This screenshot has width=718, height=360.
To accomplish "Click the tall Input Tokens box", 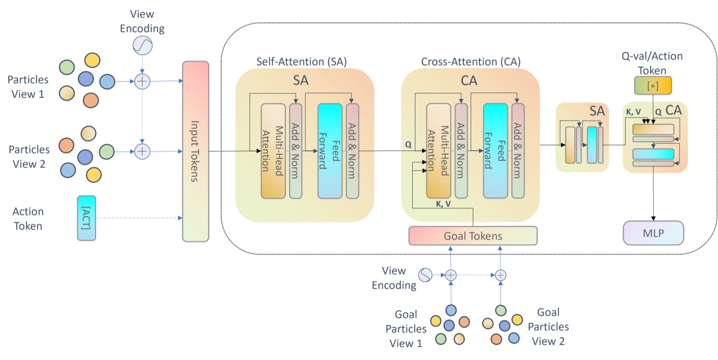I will point(196,151).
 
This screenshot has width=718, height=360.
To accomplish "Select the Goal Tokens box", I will point(473,236).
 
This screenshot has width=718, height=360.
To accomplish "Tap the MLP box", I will point(653,233).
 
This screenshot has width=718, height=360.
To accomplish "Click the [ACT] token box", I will point(87,218).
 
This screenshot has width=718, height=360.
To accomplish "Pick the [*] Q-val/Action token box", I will point(652,86).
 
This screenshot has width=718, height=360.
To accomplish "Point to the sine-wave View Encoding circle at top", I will point(142,46).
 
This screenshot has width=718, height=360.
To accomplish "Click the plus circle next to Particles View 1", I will point(142,81).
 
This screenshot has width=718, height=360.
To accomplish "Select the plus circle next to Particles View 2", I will point(142,151).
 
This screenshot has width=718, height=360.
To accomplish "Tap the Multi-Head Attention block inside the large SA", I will point(273,151).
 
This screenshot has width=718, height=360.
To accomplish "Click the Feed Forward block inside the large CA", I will point(495,151).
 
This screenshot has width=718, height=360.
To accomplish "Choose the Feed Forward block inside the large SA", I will point(330,151).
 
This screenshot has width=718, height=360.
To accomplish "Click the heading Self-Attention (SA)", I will point(301,61).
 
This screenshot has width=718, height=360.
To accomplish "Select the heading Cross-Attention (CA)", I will point(471,61).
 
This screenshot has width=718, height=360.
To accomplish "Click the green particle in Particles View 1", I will point(66,67).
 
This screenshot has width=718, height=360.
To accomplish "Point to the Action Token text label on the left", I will point(28,219).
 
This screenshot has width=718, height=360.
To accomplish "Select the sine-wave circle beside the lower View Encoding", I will point(426,274).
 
